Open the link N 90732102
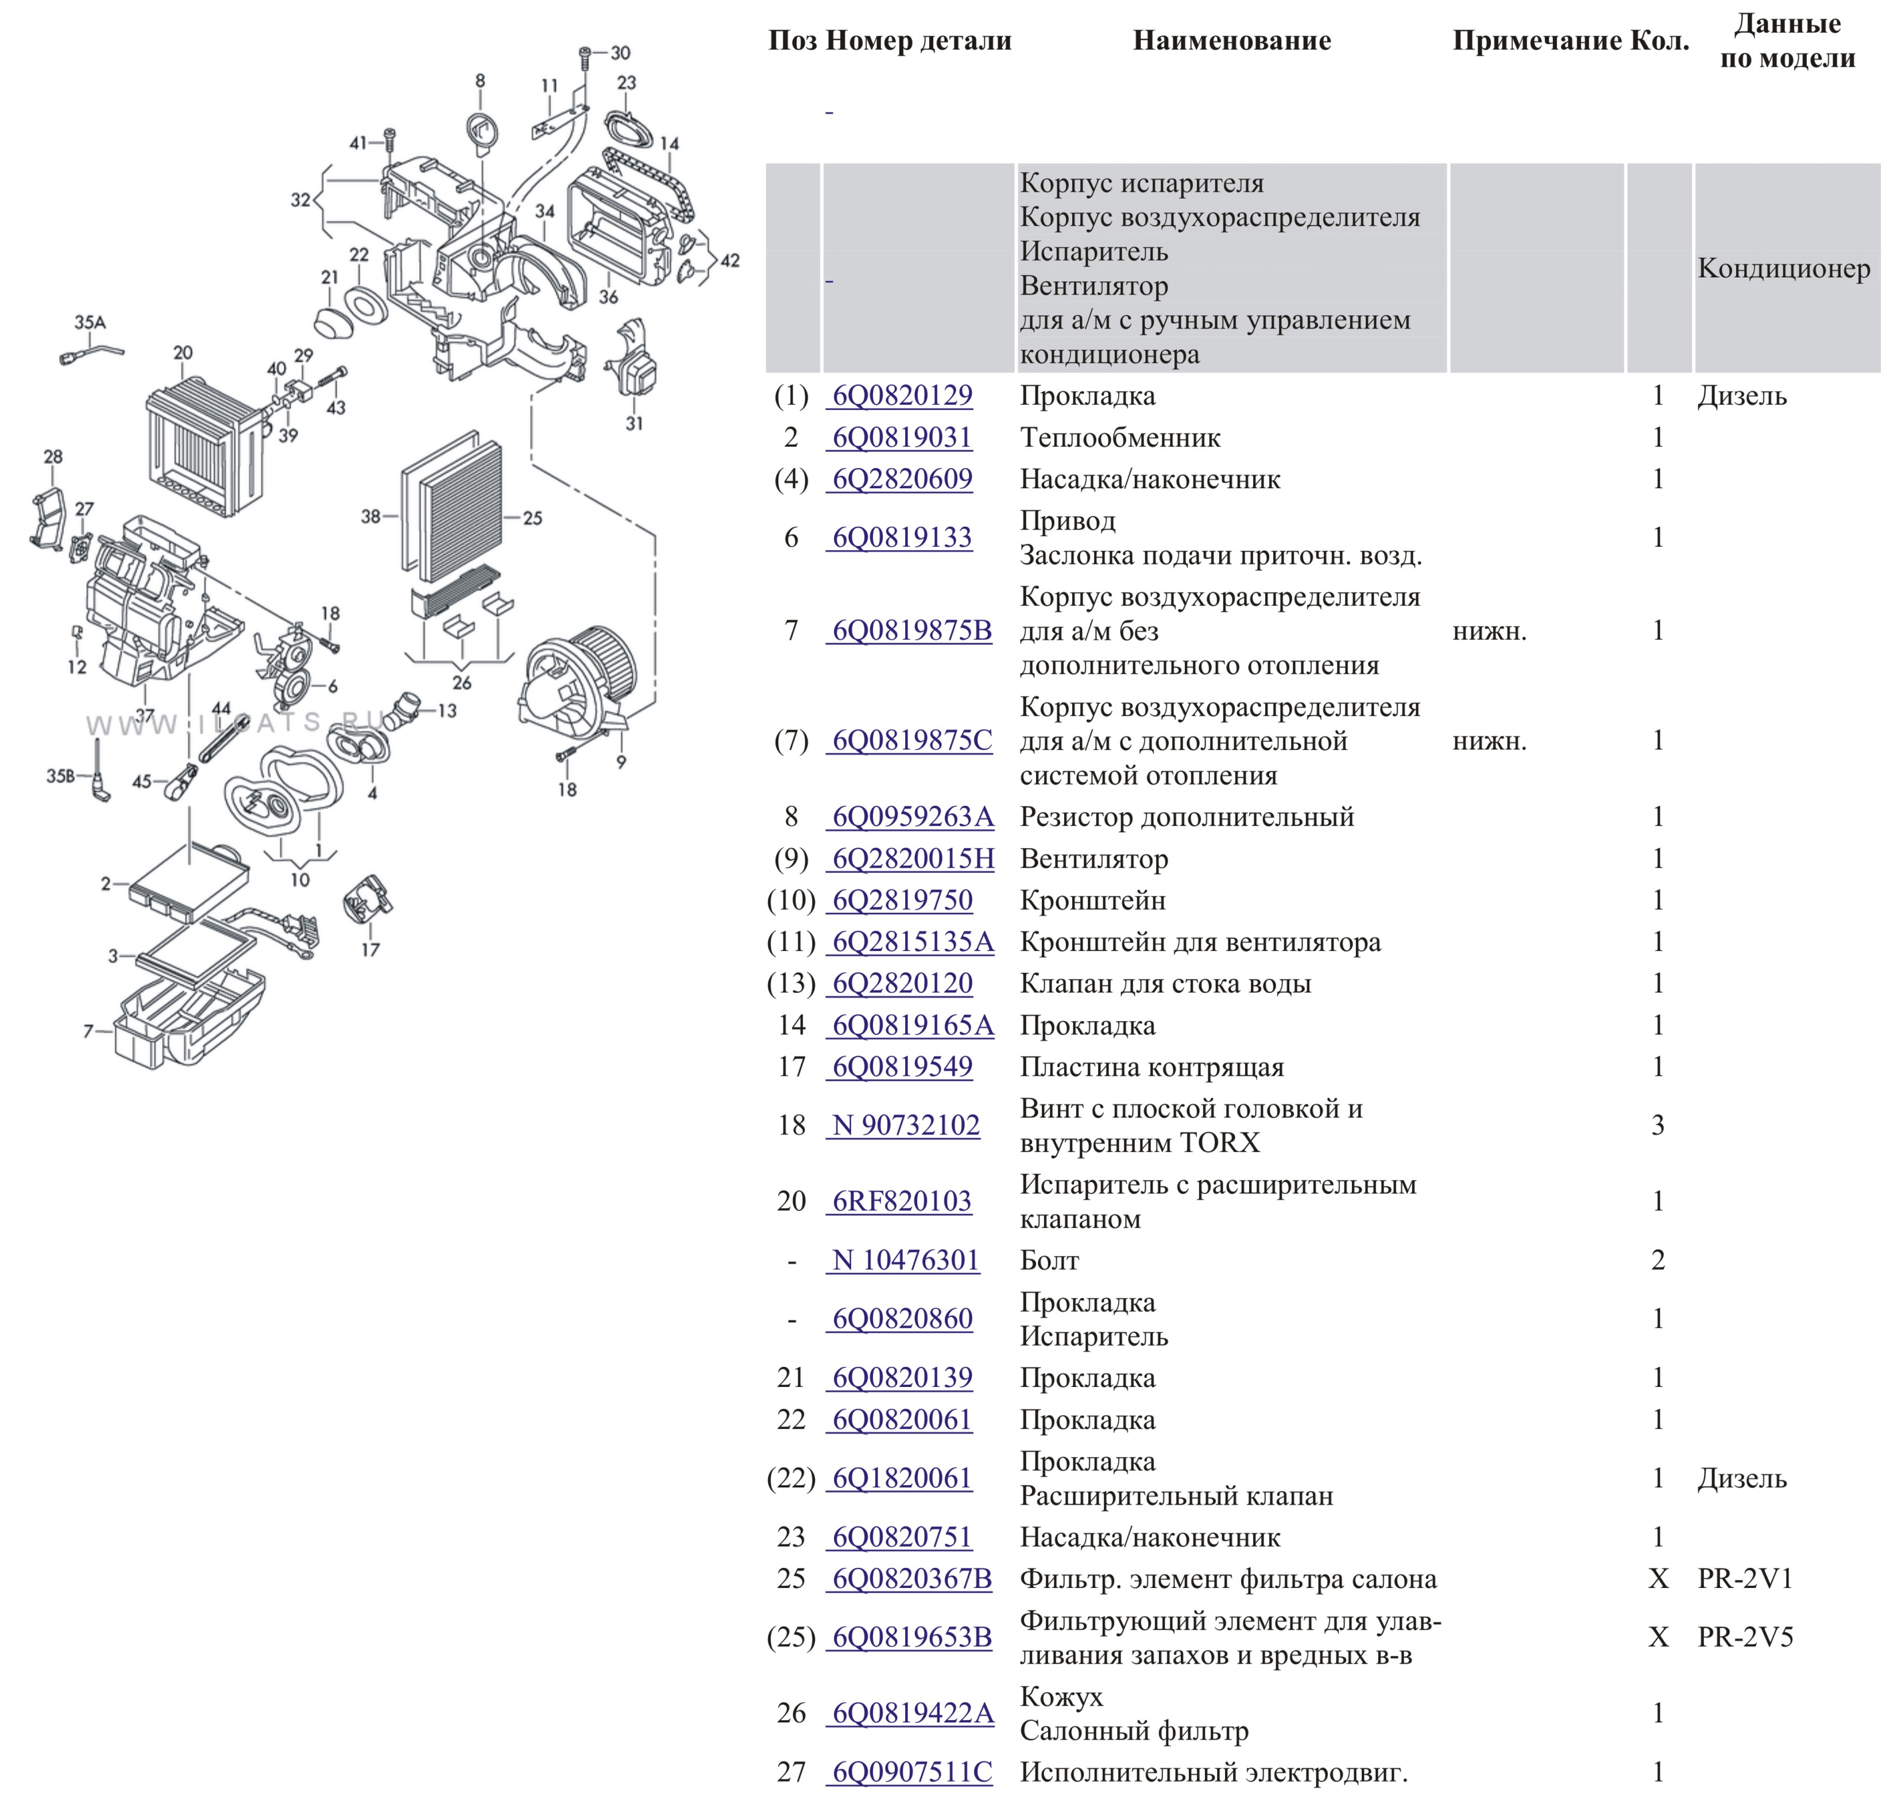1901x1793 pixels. coord(906,1126)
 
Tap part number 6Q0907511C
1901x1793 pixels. coord(912,1772)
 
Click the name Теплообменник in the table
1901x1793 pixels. coord(1120,438)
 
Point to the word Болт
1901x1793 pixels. coord(1049,1261)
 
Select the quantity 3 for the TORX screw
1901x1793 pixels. coord(1658,1126)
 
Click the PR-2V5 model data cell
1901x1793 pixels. coord(1745,1637)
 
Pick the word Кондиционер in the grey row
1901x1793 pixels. coord(1783,269)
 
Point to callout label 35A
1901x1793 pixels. coord(90,322)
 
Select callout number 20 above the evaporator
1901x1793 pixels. coord(183,353)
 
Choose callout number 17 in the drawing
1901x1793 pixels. coord(370,949)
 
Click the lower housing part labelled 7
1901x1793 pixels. coord(191,1023)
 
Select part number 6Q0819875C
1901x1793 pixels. coord(912,741)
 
